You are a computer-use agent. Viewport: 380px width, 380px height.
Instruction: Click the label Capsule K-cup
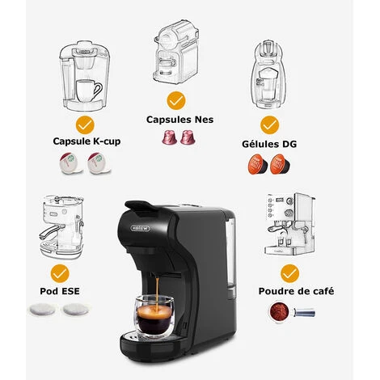coord(87,141)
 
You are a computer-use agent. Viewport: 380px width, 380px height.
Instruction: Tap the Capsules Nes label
coord(179,120)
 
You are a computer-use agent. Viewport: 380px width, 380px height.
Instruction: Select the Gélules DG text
coord(269,144)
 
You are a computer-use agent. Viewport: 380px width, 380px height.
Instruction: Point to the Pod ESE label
coord(60,291)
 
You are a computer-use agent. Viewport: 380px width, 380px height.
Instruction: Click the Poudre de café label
coord(296,291)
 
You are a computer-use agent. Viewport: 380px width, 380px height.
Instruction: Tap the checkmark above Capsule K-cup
coord(85,125)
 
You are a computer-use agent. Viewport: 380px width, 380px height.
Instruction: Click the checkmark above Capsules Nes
coord(176,100)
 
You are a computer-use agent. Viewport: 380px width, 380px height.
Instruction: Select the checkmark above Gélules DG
coord(269,125)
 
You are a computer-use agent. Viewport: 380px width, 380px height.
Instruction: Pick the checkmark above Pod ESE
coord(60,273)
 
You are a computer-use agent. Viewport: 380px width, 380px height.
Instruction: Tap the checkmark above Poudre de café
coord(289,273)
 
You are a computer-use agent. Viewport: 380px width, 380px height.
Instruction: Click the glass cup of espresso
coord(154,316)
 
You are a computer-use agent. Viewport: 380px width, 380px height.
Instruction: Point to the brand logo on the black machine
coord(140,229)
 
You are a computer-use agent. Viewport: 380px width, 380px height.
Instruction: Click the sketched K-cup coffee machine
coord(85,76)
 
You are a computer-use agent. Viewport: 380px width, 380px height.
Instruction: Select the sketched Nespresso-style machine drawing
coord(176,52)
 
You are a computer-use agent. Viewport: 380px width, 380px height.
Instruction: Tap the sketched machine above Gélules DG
coord(268,74)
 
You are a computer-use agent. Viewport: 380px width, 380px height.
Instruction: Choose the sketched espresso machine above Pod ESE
coord(61,227)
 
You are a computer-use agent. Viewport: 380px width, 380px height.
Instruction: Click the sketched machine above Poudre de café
coord(290,224)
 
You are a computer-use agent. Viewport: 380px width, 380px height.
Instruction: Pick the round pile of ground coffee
coord(279,312)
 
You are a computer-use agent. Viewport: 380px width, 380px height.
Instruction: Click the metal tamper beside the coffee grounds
coord(304,313)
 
